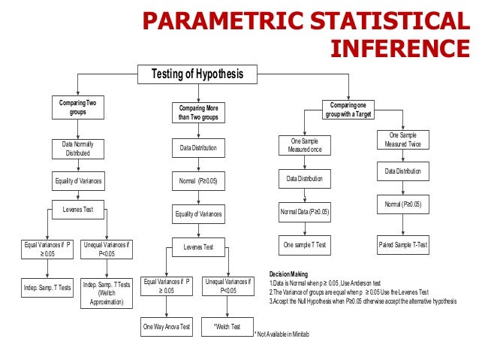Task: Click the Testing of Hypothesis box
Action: pyautogui.click(x=198, y=74)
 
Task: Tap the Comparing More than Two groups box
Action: pyautogui.click(x=198, y=113)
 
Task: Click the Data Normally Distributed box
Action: pyautogui.click(x=77, y=148)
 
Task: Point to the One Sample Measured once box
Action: pyautogui.click(x=305, y=144)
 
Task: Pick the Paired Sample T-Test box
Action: pyautogui.click(x=403, y=245)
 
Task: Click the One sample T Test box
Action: pyautogui.click(x=305, y=245)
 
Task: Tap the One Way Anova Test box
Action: pyautogui.click(x=167, y=327)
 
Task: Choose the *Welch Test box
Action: pyautogui.click(x=227, y=327)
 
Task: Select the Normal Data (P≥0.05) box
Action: pyautogui.click(x=305, y=212)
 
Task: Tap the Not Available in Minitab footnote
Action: pyautogui.click(x=282, y=333)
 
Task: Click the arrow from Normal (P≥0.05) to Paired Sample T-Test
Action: pyautogui.click(x=403, y=224)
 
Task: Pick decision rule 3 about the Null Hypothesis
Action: pyautogui.click(x=363, y=301)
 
